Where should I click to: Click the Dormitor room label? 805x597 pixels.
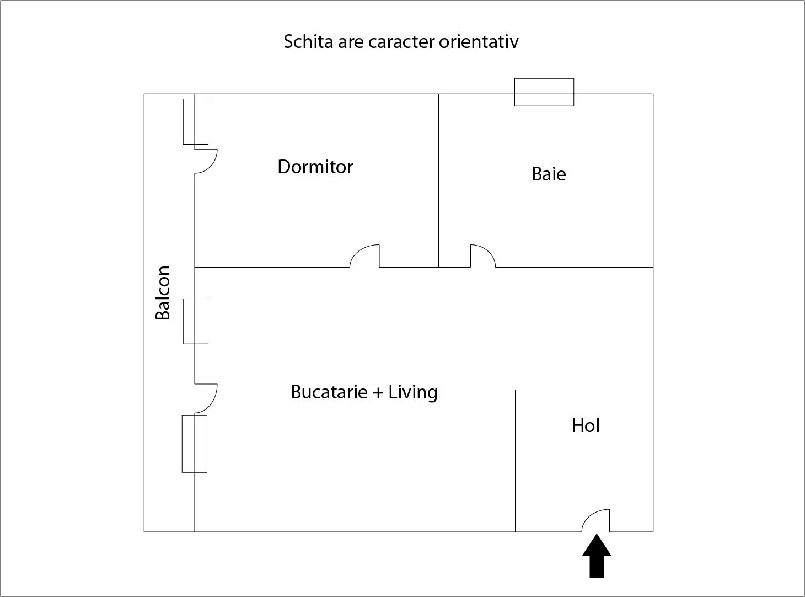coord(315,167)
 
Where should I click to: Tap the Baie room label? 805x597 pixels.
coord(549,174)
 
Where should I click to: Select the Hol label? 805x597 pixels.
coord(586,425)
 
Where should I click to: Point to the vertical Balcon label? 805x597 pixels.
coord(163,293)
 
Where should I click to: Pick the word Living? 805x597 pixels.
coord(413,392)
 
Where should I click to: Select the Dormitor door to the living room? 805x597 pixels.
coord(365,257)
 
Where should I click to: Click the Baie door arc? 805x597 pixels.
coord(482,257)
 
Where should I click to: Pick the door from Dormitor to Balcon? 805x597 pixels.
coord(206,161)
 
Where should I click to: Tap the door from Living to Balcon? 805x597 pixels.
coord(206,397)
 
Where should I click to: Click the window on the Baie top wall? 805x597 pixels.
coord(544,92)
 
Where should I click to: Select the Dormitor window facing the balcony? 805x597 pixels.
coord(196,121)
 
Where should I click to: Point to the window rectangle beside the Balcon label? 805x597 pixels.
coord(196,321)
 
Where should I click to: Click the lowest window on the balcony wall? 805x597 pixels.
coord(195,444)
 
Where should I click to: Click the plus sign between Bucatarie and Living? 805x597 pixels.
coord(378,392)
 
